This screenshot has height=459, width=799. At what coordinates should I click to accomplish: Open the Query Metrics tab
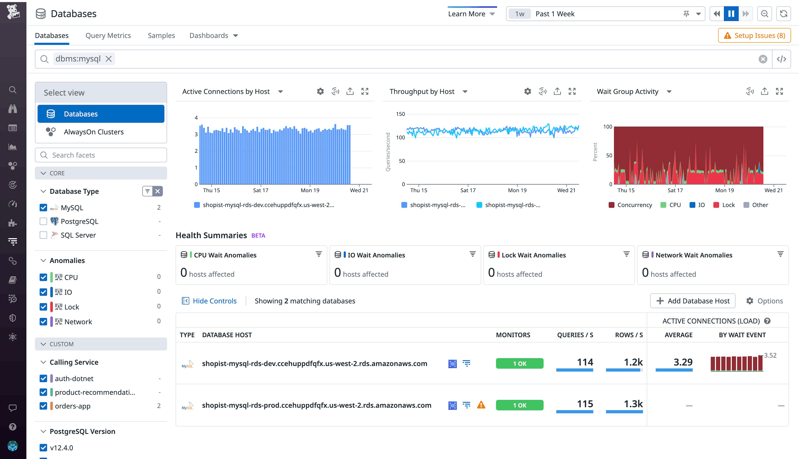pyautogui.click(x=108, y=36)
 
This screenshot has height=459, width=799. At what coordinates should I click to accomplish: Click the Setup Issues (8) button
pyautogui.click(x=754, y=36)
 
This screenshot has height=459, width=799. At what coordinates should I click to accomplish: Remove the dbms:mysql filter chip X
pyautogui.click(x=108, y=59)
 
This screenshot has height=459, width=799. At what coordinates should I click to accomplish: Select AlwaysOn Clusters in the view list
pyautogui.click(x=93, y=132)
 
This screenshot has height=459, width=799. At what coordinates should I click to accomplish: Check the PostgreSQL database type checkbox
pyautogui.click(x=43, y=221)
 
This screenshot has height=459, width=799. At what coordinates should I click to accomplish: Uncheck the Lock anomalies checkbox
pyautogui.click(x=43, y=307)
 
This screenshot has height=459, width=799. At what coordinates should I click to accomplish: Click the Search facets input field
pyautogui.click(x=101, y=155)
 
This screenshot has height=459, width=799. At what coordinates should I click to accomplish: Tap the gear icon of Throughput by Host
pyautogui.click(x=527, y=91)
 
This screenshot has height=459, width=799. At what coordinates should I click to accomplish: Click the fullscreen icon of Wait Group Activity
pyautogui.click(x=779, y=91)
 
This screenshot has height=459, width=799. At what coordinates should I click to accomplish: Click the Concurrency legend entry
pyautogui.click(x=634, y=205)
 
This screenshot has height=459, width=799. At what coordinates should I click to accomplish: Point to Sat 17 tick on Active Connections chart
pyautogui.click(x=261, y=190)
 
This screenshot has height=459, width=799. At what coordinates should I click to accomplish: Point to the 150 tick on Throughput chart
pyautogui.click(x=400, y=114)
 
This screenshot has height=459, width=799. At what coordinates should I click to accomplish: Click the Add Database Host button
pyautogui.click(x=693, y=301)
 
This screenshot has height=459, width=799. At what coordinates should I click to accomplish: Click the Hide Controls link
pyautogui.click(x=214, y=301)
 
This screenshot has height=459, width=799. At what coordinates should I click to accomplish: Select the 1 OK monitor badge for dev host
pyautogui.click(x=519, y=364)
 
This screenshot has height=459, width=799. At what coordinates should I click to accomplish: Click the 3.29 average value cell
pyautogui.click(x=683, y=362)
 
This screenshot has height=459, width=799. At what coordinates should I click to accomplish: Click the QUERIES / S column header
pyautogui.click(x=575, y=335)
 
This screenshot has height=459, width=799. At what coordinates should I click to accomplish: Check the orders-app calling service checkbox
pyautogui.click(x=43, y=406)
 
